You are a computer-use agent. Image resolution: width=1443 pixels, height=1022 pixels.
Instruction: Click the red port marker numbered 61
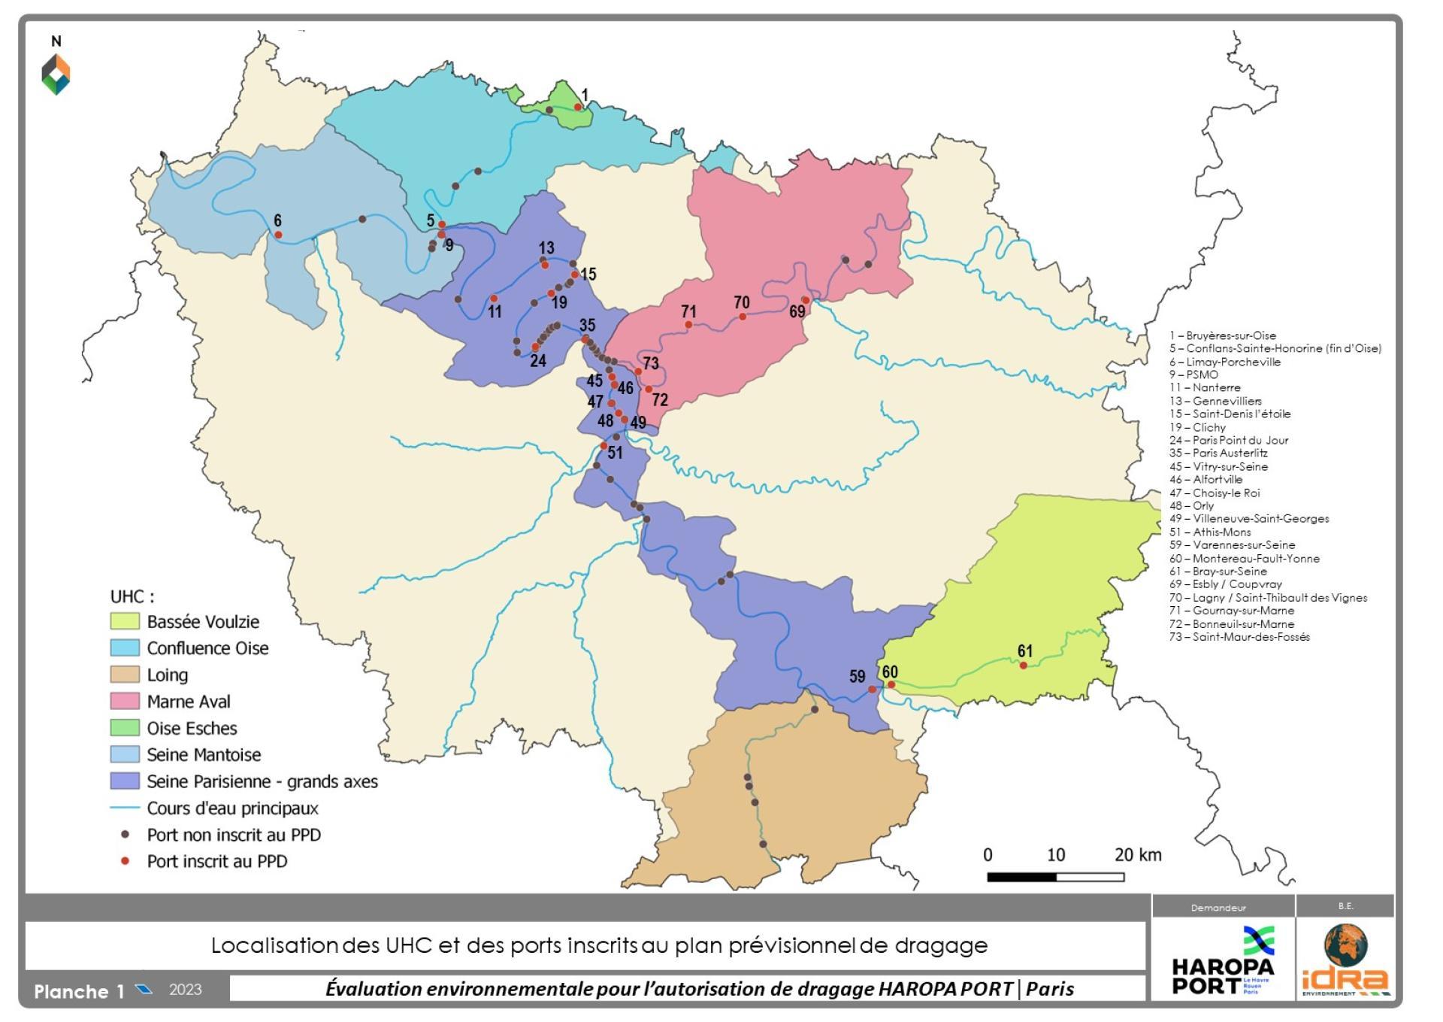click(1023, 666)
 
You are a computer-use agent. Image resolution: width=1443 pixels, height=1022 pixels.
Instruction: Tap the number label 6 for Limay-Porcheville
click(277, 220)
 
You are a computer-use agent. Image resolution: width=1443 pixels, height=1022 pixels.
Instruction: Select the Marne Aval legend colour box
click(125, 701)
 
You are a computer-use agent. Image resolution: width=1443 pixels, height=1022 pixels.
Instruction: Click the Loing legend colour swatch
click(125, 675)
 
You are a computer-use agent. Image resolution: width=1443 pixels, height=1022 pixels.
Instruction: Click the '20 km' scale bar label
click(1138, 855)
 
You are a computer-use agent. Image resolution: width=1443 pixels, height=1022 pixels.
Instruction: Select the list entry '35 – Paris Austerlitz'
click(1218, 453)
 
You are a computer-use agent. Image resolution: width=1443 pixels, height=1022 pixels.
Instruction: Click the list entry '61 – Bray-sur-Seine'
click(1218, 572)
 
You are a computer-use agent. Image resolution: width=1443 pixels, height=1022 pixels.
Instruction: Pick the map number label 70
click(741, 302)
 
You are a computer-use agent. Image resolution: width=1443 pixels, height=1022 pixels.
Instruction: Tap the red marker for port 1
click(578, 107)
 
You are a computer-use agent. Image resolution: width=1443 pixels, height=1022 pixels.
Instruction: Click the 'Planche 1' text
click(79, 991)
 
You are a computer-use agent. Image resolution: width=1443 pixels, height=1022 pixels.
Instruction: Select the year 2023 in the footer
click(185, 990)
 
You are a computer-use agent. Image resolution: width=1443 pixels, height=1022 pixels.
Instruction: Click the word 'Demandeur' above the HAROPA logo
click(1218, 908)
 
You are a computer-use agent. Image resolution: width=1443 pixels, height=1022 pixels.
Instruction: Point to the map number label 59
click(857, 676)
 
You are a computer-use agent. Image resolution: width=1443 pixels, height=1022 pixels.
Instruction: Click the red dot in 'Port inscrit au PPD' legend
click(126, 861)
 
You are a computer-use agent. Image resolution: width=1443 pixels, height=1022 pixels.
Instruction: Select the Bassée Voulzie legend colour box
click(125, 621)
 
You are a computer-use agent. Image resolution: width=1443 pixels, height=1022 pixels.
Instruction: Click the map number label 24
click(537, 360)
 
